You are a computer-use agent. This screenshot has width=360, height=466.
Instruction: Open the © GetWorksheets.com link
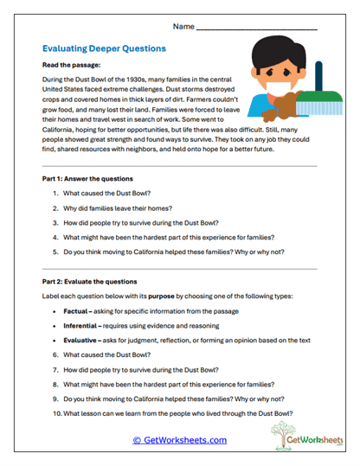[179, 439]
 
